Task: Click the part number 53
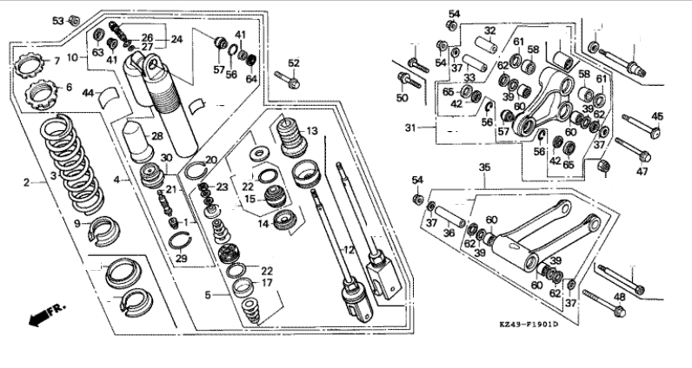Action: [x=57, y=19]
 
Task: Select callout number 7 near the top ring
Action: [x=57, y=61]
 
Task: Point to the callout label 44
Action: [x=88, y=91]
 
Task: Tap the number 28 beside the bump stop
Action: [x=156, y=135]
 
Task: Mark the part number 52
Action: [x=294, y=62]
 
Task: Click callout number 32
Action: [x=490, y=30]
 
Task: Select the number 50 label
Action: [x=402, y=99]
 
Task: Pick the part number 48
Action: [x=619, y=297]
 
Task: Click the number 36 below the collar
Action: [x=449, y=233]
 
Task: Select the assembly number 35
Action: [x=484, y=168]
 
